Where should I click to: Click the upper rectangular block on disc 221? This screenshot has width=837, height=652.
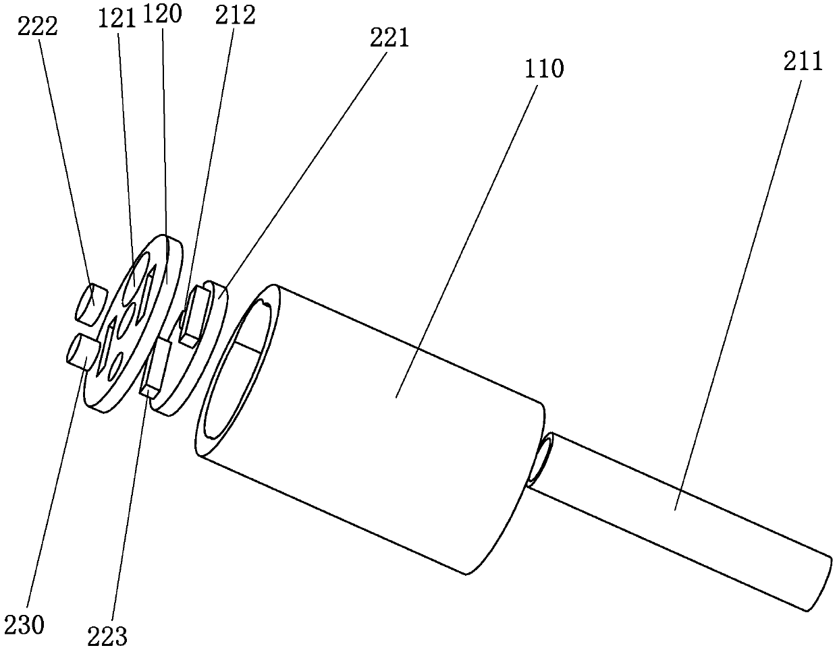pyautogui.click(x=196, y=313)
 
